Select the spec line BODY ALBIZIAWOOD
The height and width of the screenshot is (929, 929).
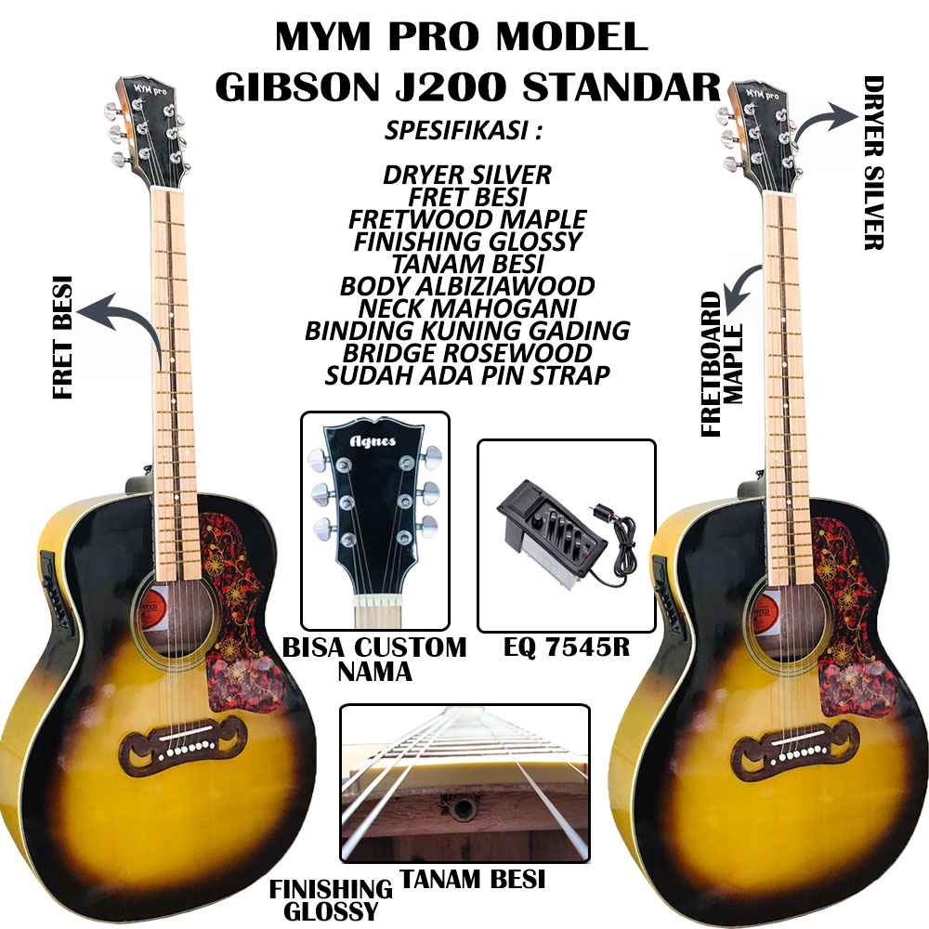(x=467, y=285)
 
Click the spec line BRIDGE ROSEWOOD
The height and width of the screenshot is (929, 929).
(x=467, y=353)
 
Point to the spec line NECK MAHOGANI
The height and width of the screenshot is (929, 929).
(x=467, y=307)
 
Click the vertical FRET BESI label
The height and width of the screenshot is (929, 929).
(x=63, y=336)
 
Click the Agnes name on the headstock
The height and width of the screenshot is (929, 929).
(x=373, y=440)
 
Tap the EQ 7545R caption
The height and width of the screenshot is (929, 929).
(x=566, y=647)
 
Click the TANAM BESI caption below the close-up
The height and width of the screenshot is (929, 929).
(x=472, y=879)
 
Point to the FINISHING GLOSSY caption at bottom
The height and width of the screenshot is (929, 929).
(x=331, y=899)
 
